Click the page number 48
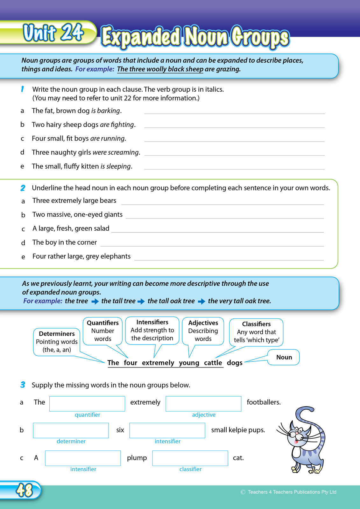(x=24, y=490)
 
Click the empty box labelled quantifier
(x=87, y=404)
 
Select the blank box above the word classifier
(x=190, y=458)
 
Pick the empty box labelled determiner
(x=71, y=430)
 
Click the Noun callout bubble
(x=284, y=357)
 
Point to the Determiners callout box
(x=57, y=342)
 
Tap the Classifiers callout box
(x=256, y=332)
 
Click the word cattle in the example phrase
(x=213, y=363)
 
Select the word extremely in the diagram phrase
(x=158, y=363)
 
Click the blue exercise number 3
(x=23, y=385)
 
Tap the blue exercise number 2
(x=23, y=188)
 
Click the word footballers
(x=264, y=402)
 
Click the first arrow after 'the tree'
(x=95, y=301)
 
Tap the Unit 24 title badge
(x=53, y=33)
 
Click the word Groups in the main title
(x=260, y=38)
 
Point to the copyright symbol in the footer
(x=243, y=492)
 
